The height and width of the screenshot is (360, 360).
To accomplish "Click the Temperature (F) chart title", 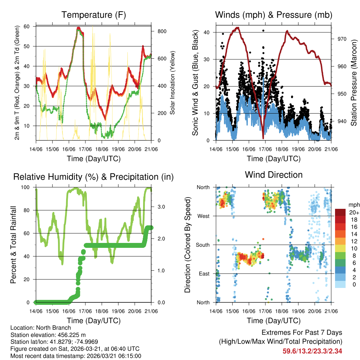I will [x=94, y=15].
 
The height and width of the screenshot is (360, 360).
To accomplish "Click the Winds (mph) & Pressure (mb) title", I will [x=274, y=15].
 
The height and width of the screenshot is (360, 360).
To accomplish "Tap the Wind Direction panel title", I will [x=274, y=175].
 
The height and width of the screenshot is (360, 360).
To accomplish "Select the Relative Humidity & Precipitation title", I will [x=94, y=177].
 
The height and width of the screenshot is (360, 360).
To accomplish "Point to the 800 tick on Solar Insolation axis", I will [x=162, y=31].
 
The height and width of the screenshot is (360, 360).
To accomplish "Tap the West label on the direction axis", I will [x=203, y=216].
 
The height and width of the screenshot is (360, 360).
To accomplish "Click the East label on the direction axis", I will [x=204, y=274].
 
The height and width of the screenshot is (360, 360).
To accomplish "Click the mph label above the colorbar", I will [x=354, y=205].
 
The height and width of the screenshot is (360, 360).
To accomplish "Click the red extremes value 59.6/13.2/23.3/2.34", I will [x=313, y=351].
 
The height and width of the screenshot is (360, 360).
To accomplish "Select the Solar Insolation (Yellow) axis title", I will [x=173, y=83].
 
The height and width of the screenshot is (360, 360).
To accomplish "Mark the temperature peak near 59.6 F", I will [x=79, y=27].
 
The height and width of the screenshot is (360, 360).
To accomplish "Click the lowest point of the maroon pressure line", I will [x=263, y=137].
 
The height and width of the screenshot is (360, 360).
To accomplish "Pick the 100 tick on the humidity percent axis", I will [x=30, y=187].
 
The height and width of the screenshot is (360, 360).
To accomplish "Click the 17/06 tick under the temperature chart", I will [x=85, y=149].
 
